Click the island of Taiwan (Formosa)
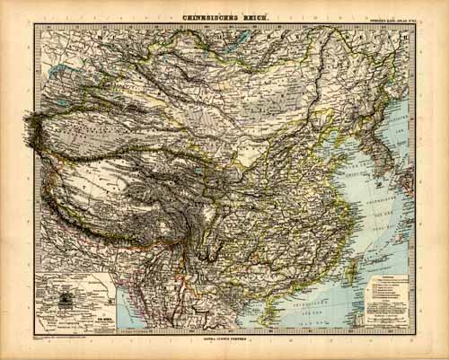(355, 261)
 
